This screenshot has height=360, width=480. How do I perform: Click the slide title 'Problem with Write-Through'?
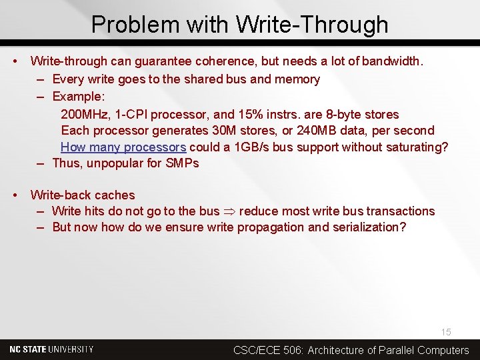(x=239, y=25)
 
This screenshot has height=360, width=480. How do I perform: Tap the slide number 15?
(x=445, y=332)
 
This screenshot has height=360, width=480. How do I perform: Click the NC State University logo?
(x=51, y=349)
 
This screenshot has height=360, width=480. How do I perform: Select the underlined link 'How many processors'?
(x=123, y=147)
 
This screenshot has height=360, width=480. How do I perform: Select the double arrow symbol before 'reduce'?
(x=229, y=211)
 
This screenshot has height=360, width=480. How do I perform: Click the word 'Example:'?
(x=77, y=96)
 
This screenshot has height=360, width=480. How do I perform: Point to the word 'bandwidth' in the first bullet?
(x=390, y=61)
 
